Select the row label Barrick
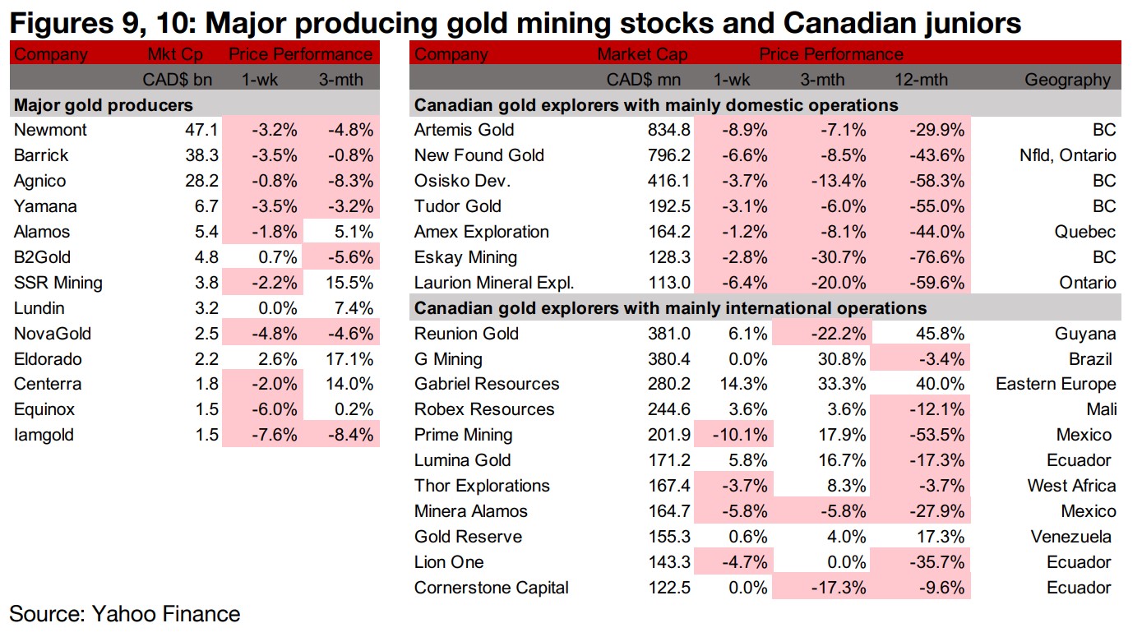[41, 155]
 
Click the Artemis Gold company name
[464, 130]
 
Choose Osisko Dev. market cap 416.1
[668, 181]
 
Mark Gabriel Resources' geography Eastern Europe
[1056, 384]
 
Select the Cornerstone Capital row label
[491, 588]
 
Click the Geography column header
[1067, 80]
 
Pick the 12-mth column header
[921, 80]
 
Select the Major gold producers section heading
[104, 105]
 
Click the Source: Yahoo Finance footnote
[124, 614]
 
